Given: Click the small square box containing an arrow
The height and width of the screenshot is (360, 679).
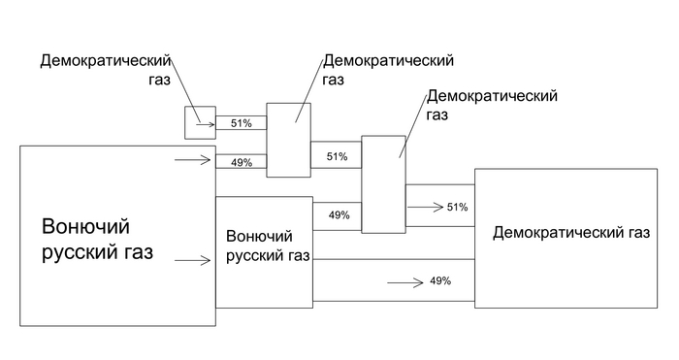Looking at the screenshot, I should click(200, 122).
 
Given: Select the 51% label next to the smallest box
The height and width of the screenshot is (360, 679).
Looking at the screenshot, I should click(241, 123).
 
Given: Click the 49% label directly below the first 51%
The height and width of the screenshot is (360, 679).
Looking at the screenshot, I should click(241, 162).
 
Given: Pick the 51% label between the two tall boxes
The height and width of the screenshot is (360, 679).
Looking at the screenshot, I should click(337, 156).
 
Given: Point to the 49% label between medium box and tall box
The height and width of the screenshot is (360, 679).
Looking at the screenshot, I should click(339, 214).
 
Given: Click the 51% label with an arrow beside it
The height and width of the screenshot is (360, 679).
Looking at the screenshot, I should click(457, 207).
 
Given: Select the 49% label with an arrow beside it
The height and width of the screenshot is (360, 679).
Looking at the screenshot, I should click(439, 281).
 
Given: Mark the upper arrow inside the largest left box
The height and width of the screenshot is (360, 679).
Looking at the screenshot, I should click(192, 161).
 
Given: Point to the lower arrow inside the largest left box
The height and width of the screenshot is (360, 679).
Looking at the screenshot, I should click(192, 260).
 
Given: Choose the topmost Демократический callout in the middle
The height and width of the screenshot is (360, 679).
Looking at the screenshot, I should click(388, 60).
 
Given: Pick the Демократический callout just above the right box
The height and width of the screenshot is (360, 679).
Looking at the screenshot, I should click(492, 96).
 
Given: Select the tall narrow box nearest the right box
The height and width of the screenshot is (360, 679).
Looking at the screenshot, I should click(383, 184).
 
